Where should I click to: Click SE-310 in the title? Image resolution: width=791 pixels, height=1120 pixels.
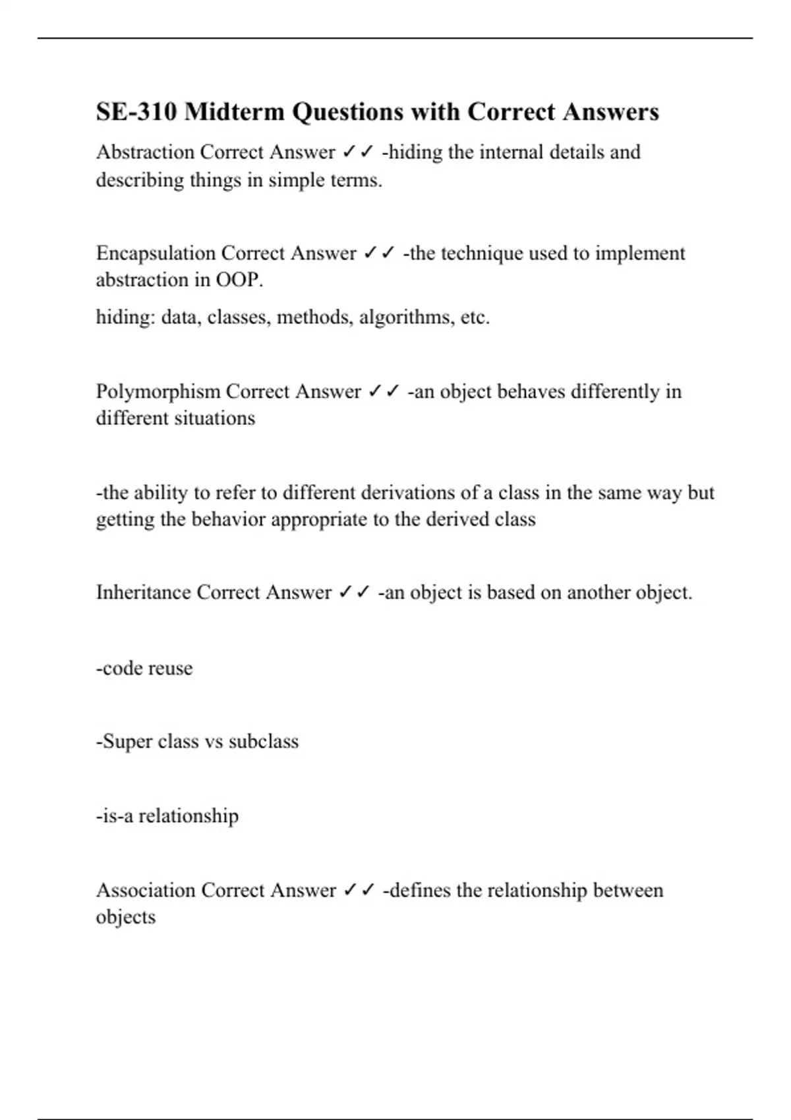click(x=136, y=111)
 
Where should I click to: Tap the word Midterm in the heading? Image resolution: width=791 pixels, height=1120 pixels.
click(x=234, y=111)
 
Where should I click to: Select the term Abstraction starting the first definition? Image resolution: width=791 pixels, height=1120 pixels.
click(x=145, y=152)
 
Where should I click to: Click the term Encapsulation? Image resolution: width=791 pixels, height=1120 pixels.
click(x=156, y=253)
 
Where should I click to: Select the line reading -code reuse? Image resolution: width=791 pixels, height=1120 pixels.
click(x=144, y=668)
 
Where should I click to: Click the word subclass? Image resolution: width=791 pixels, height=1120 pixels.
click(x=263, y=741)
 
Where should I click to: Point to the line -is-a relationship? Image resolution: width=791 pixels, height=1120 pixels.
click(x=167, y=816)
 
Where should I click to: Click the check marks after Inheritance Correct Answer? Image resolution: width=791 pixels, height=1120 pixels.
click(x=355, y=592)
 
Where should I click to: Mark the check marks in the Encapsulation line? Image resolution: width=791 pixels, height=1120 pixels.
click(x=379, y=253)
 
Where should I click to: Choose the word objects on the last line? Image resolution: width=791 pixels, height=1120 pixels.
click(x=126, y=917)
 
